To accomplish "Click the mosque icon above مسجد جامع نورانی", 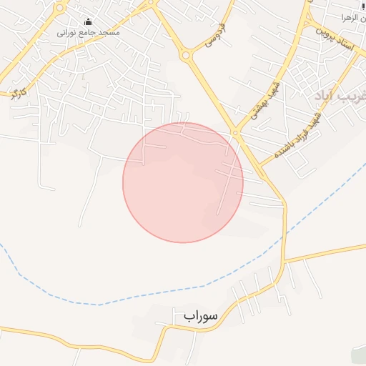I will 88,22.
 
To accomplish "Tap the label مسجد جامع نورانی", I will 89,33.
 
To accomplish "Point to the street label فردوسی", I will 214,36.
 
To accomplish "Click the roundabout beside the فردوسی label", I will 187,54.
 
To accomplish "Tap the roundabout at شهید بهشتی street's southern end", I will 234,132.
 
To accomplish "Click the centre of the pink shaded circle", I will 183,182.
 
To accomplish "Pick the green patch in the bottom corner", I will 359,355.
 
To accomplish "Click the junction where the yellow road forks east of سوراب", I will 284,263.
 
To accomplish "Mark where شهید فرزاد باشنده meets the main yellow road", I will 260,165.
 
